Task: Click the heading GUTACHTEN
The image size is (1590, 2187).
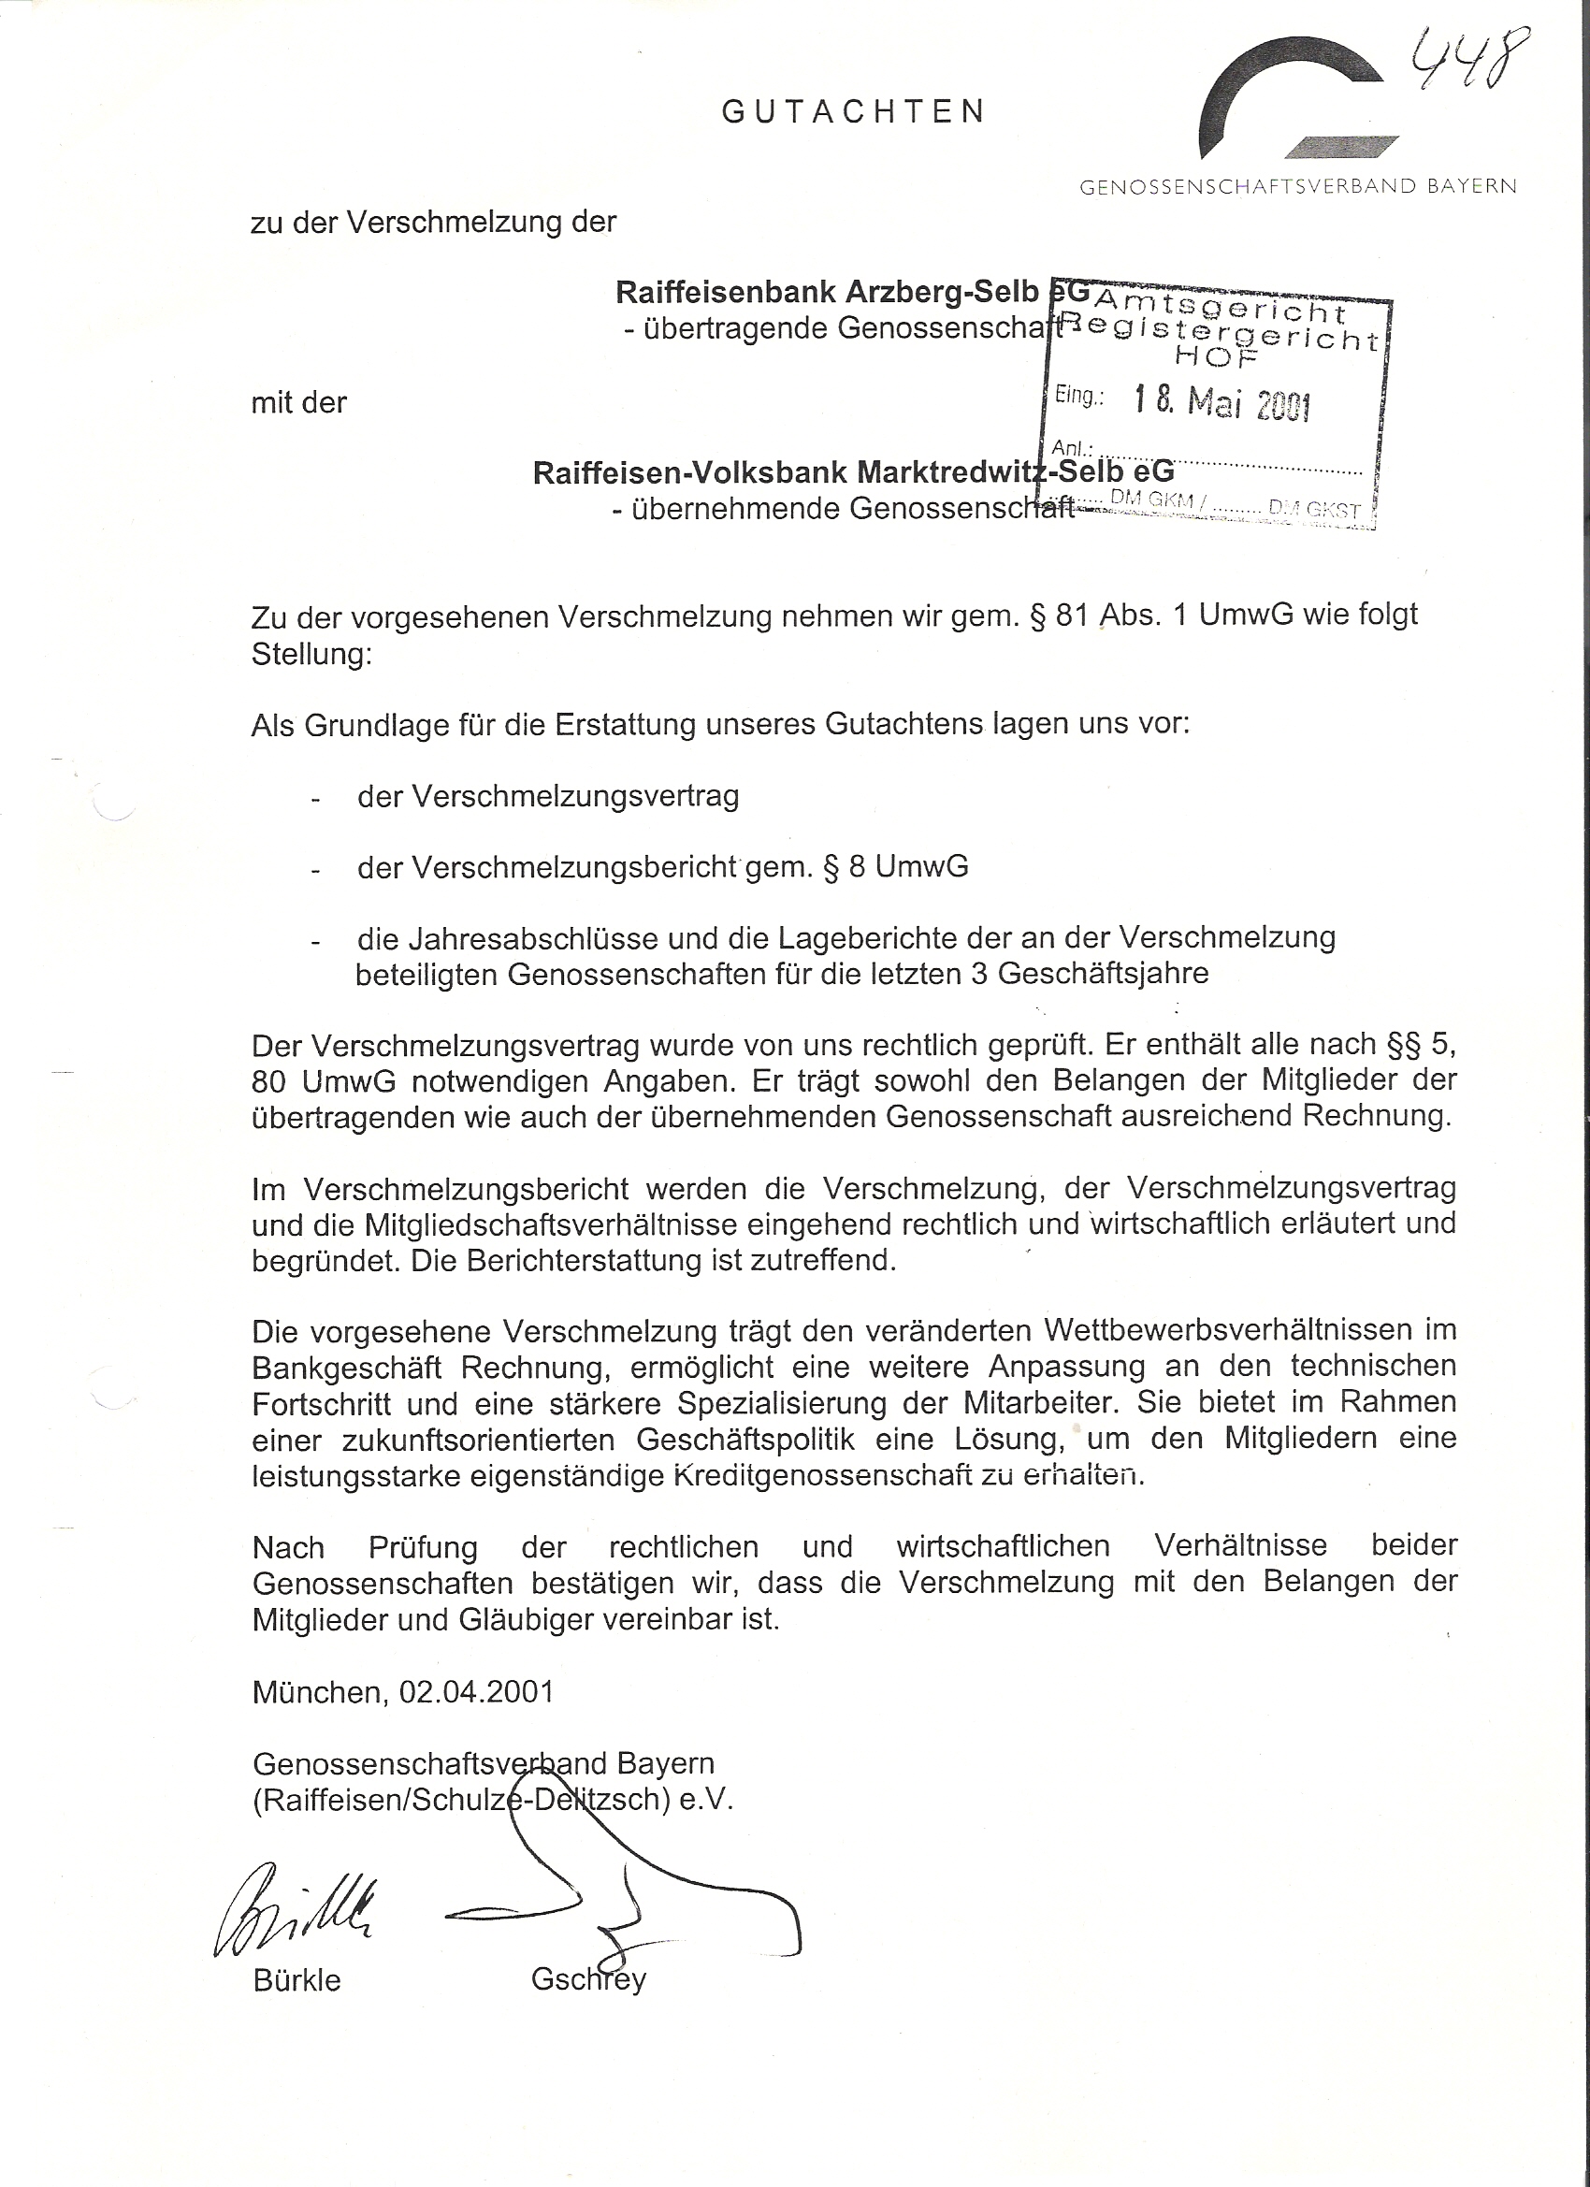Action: click(x=853, y=112)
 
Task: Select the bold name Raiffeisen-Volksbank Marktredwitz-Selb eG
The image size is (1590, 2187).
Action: click(x=853, y=472)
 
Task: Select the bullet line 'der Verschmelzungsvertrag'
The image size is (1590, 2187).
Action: click(x=548, y=796)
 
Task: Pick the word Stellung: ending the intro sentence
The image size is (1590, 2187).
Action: click(x=311, y=655)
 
